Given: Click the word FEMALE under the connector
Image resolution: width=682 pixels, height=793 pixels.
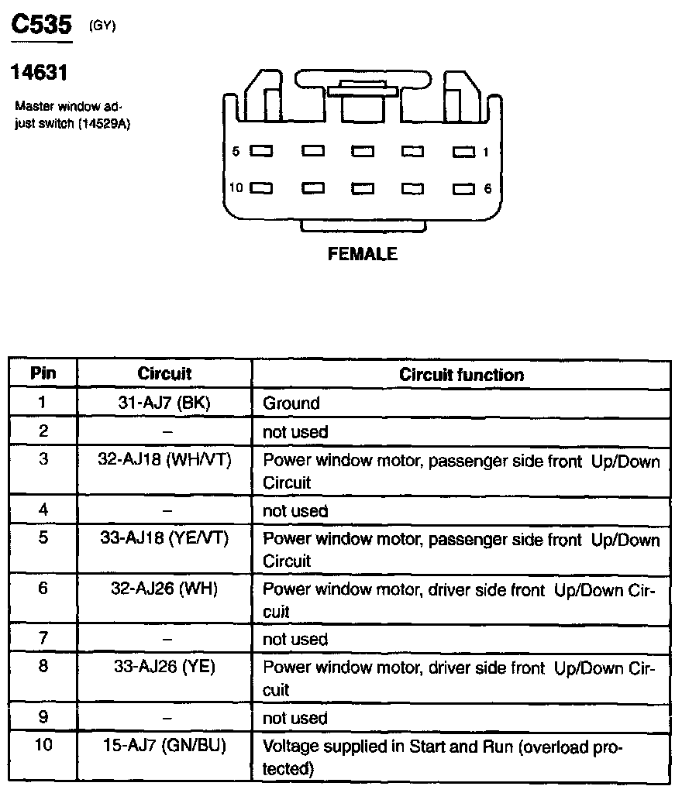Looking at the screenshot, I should pos(363,254).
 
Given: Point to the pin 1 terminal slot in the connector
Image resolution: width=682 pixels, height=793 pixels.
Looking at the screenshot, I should pos(463,152).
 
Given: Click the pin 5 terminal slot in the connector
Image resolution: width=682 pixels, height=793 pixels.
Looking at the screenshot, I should pos(261,152).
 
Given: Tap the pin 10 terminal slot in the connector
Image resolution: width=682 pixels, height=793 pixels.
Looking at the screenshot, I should pos(261,188).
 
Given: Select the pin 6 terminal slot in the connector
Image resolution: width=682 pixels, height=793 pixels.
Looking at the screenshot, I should pos(463,188).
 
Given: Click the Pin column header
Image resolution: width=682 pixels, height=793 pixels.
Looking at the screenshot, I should pos(43,373).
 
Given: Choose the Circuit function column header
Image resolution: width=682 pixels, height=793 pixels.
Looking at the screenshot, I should pos(461,375).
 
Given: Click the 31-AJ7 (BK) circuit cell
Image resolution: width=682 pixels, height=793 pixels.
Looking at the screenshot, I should pos(164,403).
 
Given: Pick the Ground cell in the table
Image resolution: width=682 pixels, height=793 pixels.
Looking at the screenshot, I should pos(291,403).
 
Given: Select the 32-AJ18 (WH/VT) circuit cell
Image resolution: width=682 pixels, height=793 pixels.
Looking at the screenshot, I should pos(164,459).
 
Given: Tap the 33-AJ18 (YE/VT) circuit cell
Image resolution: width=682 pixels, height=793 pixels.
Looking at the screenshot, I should pos(164,538).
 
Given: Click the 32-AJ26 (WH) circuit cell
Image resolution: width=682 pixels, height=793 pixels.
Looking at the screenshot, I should pos(164,589).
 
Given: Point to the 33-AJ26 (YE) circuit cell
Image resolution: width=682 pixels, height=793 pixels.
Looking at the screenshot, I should pos(164,666).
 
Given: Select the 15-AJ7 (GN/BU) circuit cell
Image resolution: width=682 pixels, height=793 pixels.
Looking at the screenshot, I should pos(164,747).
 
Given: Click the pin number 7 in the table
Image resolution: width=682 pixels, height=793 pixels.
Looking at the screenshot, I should pos(43,639).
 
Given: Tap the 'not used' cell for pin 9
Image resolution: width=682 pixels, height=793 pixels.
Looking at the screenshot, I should pos(295,719).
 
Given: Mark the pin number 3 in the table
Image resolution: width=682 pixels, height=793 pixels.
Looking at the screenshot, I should pos(43,459).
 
